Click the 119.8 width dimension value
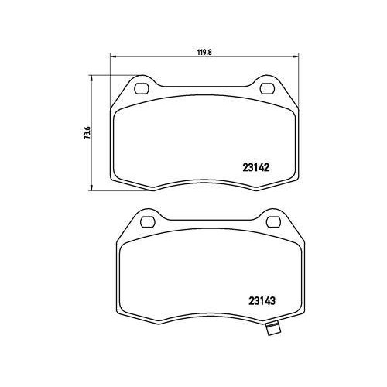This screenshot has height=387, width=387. coord(204,52)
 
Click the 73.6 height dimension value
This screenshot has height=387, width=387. coord(87,132)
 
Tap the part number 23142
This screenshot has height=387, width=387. coord(256,168)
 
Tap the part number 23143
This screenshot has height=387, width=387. coord(262,301)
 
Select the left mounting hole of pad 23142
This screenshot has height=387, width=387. coord(142,88)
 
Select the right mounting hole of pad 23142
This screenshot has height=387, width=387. coord(268,88)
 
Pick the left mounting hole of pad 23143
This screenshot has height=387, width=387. coord(148,222)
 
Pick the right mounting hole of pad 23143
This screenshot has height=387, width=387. coord(274,222)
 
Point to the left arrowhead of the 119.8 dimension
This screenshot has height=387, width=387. coord(114,57)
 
